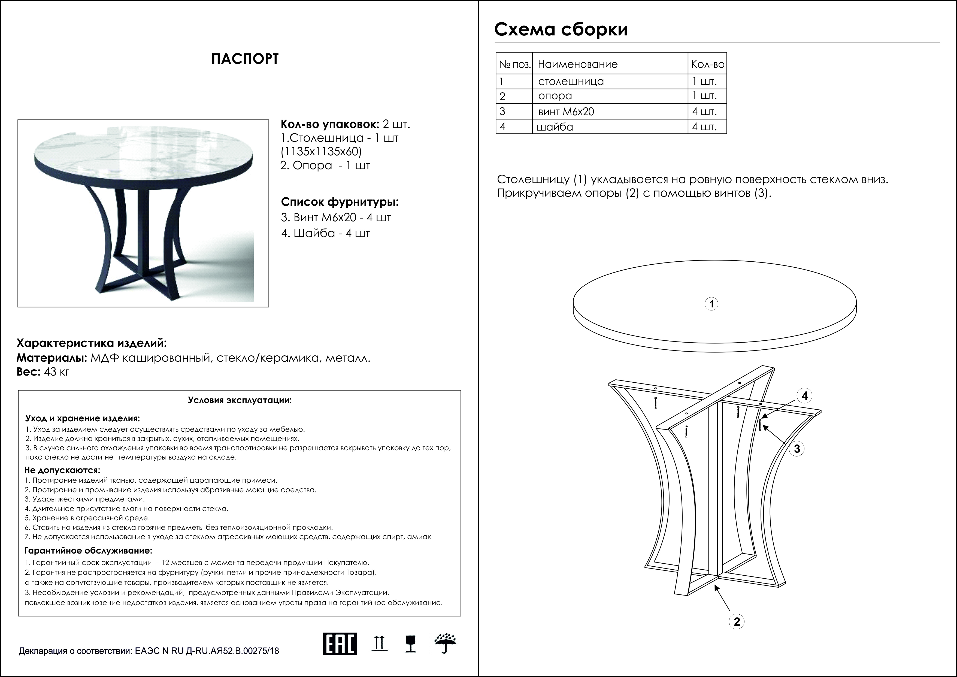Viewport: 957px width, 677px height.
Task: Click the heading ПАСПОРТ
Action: [x=245, y=59]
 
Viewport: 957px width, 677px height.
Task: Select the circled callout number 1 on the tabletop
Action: [x=711, y=304]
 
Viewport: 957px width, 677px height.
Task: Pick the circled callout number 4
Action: [x=804, y=396]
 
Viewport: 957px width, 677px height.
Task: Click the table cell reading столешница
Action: [x=571, y=81]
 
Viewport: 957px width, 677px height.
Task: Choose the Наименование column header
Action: [x=577, y=64]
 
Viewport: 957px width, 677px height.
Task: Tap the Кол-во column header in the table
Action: [x=707, y=64]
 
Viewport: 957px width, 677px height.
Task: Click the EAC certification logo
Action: [x=340, y=656]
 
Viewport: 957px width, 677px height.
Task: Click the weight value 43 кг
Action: [x=56, y=372]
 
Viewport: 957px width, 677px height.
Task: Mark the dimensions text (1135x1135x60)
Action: [x=321, y=151]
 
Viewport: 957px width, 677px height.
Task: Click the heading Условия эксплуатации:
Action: [x=240, y=400]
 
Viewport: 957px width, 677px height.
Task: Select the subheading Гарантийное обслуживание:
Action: [x=88, y=551]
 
